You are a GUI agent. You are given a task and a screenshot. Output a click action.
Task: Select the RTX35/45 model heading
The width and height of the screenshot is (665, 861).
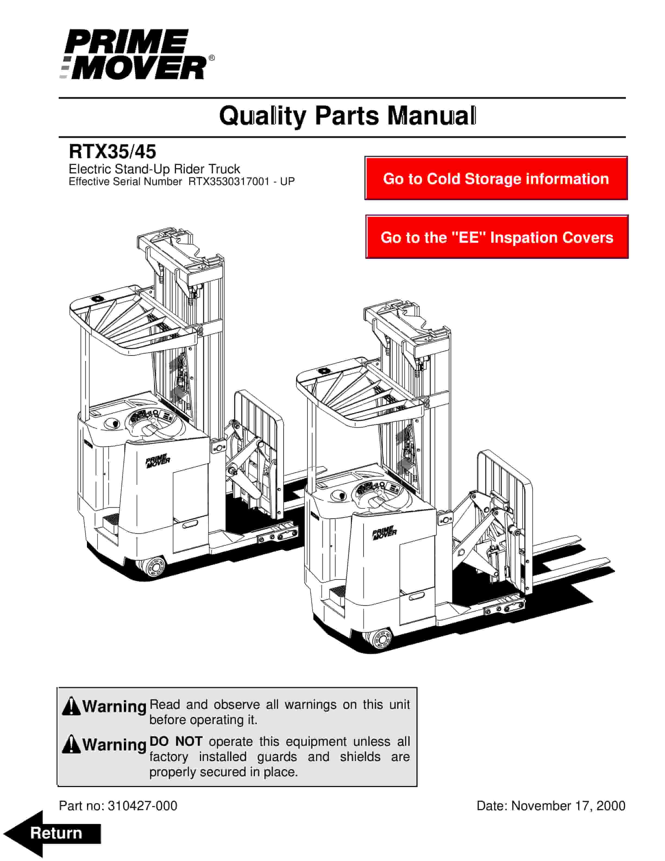coord(112,151)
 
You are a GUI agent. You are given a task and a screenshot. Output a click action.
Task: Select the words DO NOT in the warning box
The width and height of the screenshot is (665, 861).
coord(176,741)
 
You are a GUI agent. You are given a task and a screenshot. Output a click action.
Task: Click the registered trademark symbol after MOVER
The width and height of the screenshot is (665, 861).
coord(212,58)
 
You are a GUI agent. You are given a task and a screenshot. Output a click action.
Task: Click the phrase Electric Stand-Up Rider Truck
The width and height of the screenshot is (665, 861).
coord(154,169)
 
